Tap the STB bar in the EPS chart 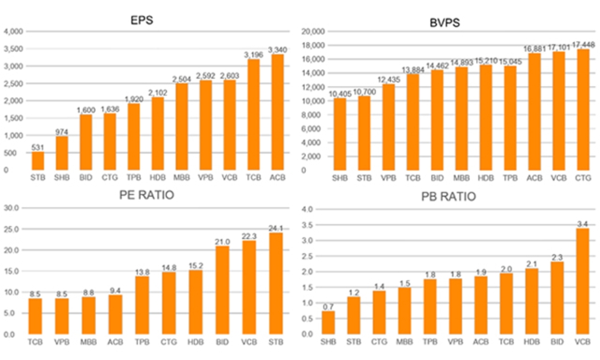[37, 161]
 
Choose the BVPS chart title [445, 23]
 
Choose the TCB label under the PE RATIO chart [35, 343]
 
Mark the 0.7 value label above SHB [329, 307]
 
